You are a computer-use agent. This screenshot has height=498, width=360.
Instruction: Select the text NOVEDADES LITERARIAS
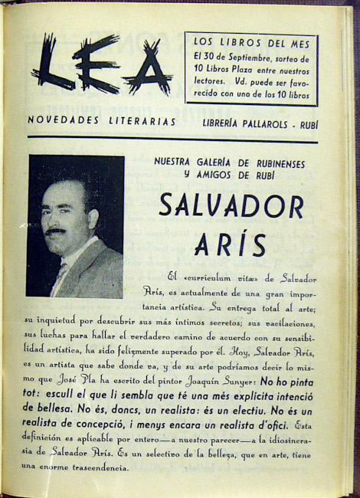(102, 121)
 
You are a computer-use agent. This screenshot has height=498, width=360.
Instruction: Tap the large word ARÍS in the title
(231, 244)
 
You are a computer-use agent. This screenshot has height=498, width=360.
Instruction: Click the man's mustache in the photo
(56, 231)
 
